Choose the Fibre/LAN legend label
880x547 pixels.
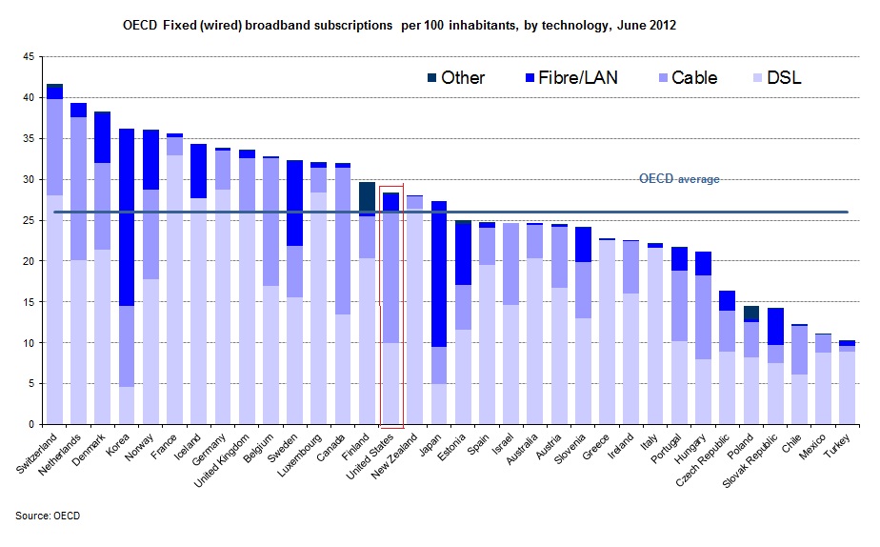pyautogui.click(x=579, y=77)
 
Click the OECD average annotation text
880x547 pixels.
pyautogui.click(x=679, y=179)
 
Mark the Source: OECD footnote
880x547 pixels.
pyautogui.click(x=48, y=516)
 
